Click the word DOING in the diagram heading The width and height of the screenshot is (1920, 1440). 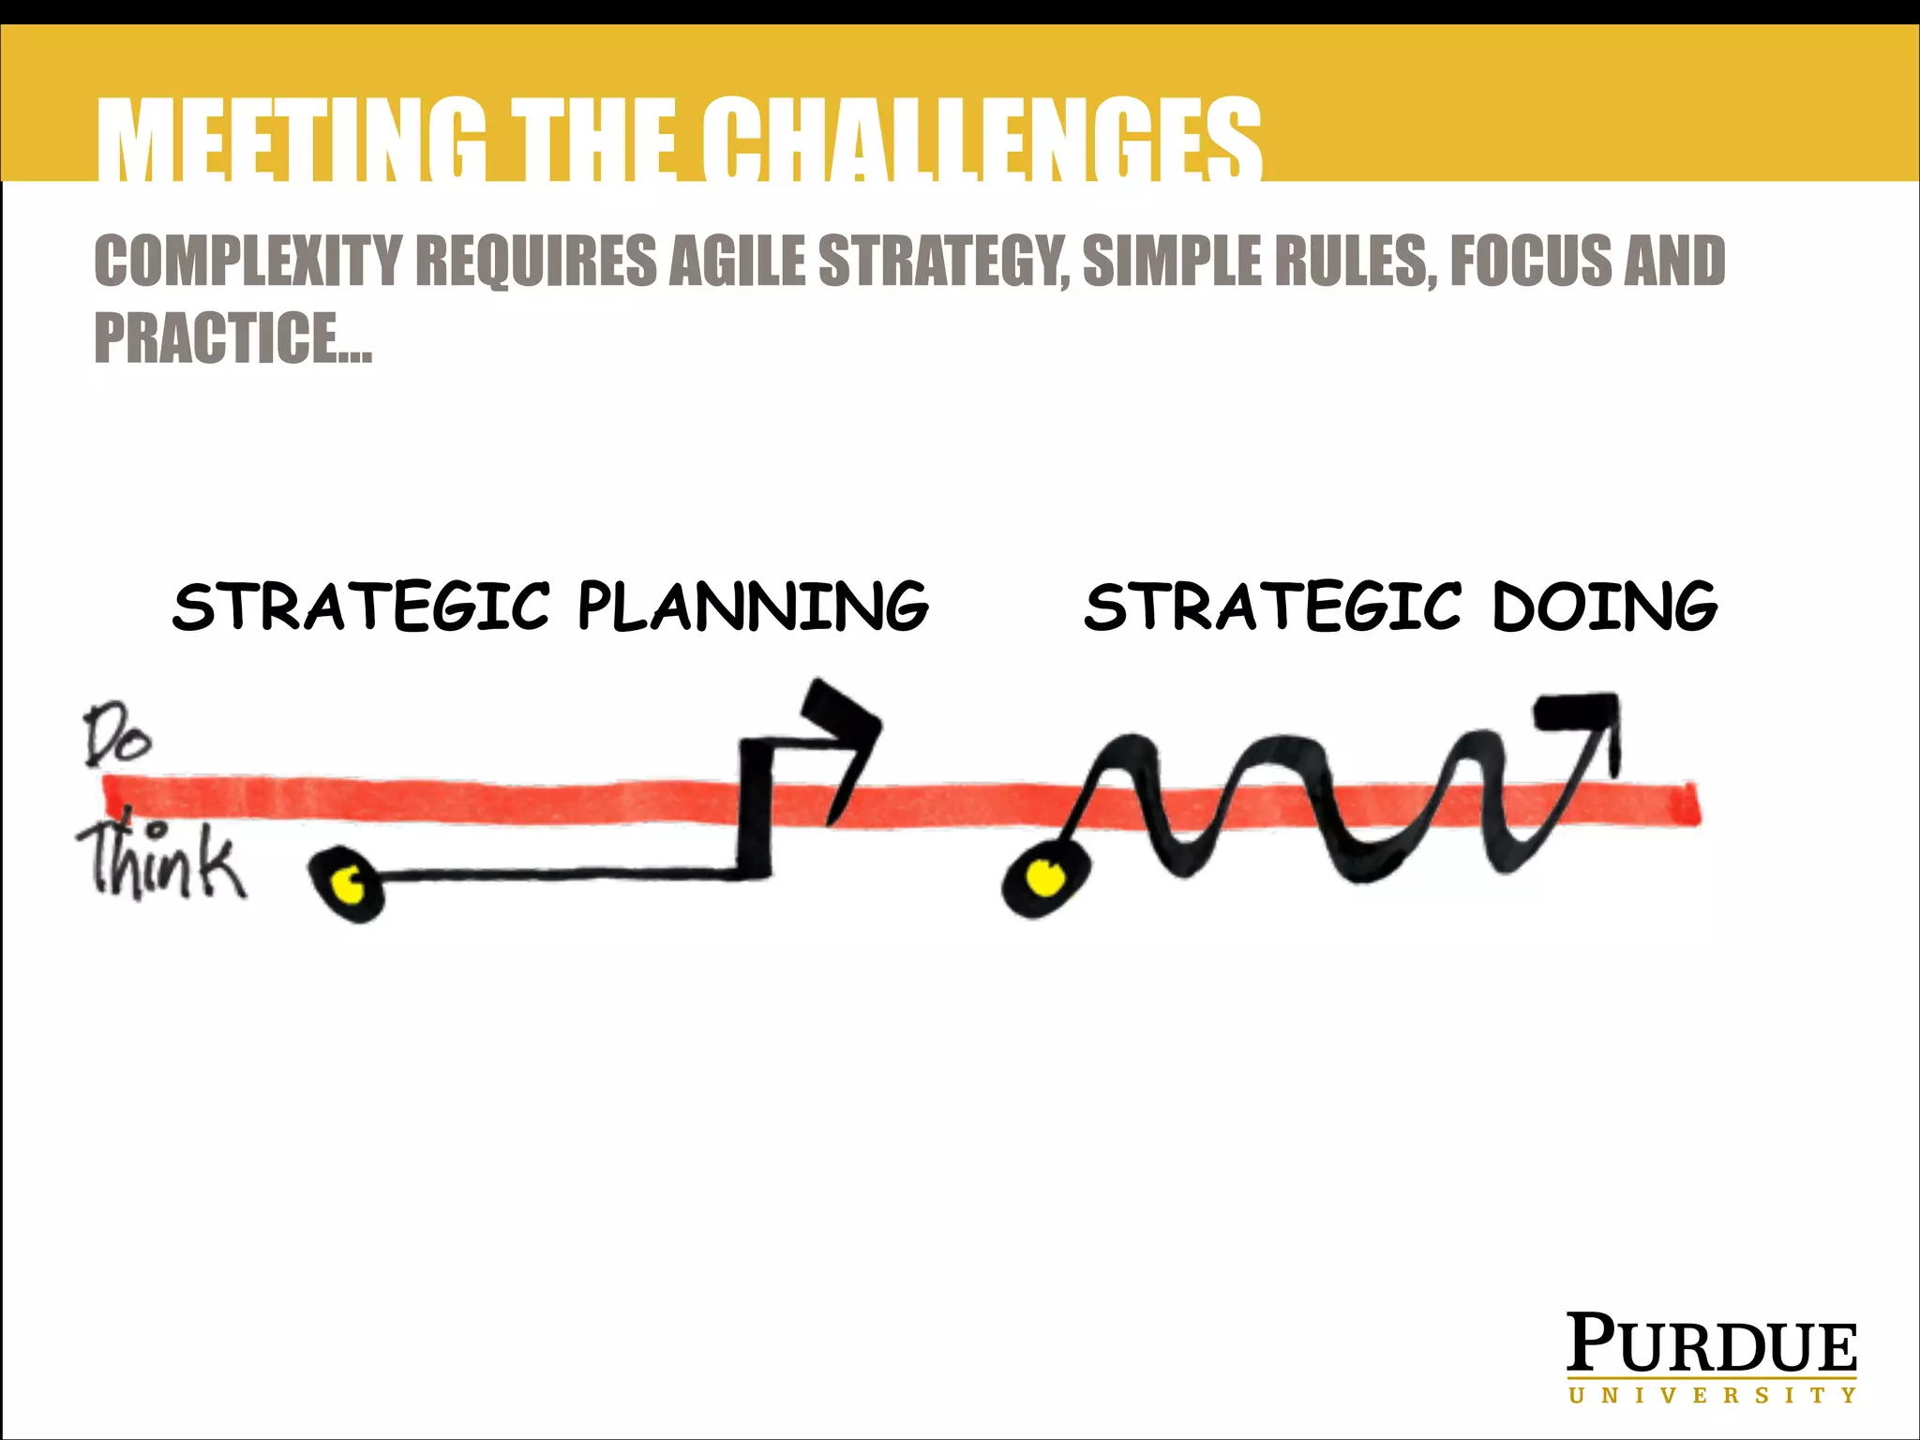[x=1604, y=607]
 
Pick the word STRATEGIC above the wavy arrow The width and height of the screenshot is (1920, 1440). [x=1272, y=607]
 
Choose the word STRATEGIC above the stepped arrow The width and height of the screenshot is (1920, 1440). [x=361, y=607]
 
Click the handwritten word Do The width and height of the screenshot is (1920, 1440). [x=116, y=739]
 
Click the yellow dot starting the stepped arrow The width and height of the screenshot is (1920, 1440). [x=350, y=883]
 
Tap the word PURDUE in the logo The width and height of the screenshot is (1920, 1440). [x=1711, y=1344]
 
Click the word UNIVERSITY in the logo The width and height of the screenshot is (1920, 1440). [x=1711, y=1396]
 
